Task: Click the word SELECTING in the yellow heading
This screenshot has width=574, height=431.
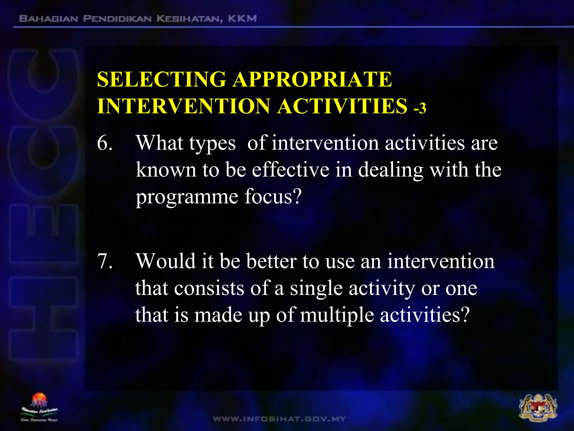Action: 161,79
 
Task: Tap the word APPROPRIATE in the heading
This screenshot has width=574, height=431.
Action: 313,79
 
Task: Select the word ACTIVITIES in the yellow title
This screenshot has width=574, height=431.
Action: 342,106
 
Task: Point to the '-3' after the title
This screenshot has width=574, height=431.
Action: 420,108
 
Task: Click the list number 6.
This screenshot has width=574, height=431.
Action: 105,143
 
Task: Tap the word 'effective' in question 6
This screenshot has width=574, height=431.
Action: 290,170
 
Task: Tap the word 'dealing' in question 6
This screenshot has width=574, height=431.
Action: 391,171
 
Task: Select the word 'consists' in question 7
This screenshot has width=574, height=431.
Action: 209,288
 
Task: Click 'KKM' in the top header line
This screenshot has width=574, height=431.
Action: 242,19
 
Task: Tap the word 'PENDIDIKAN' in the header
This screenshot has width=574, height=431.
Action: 117,19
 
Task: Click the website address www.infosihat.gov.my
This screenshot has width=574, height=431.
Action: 279,419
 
